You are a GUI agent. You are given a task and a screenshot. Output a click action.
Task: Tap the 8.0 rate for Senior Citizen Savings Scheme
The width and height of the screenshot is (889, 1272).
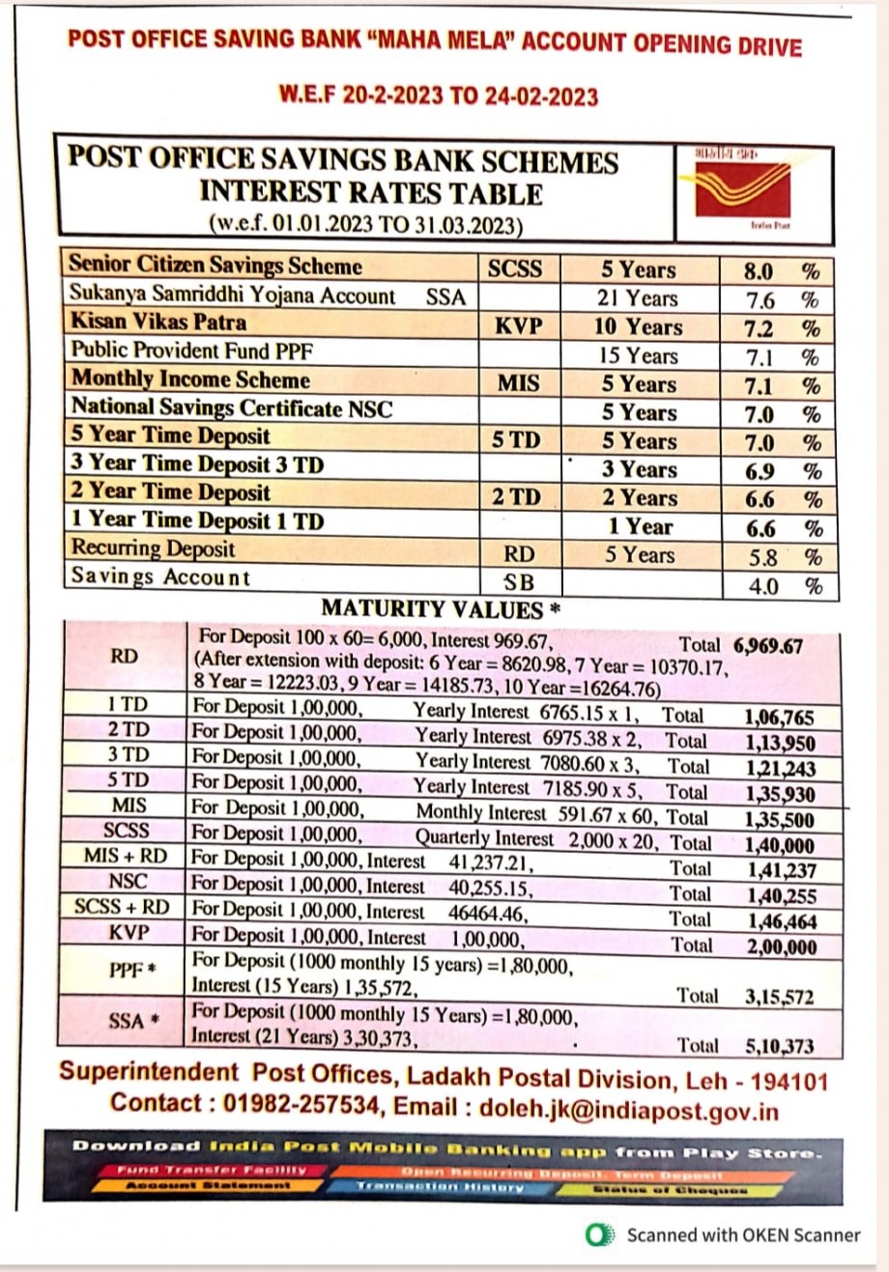[x=759, y=271]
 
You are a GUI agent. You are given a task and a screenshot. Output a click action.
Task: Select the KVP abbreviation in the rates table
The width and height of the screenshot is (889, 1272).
[x=518, y=326]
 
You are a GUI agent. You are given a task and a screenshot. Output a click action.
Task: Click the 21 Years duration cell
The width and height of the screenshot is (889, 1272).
[x=638, y=299]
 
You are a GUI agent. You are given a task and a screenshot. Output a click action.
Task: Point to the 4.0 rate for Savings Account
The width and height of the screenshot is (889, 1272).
[x=762, y=586]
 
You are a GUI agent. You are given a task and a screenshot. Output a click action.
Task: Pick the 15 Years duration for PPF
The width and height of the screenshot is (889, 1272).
[x=638, y=355]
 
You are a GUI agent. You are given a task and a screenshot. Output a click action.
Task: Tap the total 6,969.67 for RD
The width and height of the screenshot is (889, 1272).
[x=767, y=646]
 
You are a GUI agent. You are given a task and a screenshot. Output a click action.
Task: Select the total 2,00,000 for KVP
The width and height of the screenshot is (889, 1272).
[x=781, y=947]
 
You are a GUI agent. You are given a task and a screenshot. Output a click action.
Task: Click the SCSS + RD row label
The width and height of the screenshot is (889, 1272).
[x=122, y=907]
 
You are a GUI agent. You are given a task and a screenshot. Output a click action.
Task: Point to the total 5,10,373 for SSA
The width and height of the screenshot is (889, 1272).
[x=779, y=1046]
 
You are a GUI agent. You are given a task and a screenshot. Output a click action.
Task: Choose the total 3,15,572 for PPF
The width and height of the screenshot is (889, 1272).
[x=779, y=997]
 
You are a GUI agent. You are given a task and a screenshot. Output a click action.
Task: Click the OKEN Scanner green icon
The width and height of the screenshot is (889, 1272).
[x=600, y=1234]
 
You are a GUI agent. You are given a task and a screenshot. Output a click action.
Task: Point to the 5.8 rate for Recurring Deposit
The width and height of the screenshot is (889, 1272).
[x=761, y=557]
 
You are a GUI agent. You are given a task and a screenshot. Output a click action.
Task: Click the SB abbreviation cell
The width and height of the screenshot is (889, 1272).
[x=519, y=582]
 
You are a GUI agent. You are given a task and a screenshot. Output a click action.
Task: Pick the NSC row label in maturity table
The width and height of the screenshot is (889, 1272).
[x=129, y=882]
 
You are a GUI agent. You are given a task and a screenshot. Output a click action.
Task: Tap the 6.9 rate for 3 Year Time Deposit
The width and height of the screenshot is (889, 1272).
[x=760, y=471]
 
